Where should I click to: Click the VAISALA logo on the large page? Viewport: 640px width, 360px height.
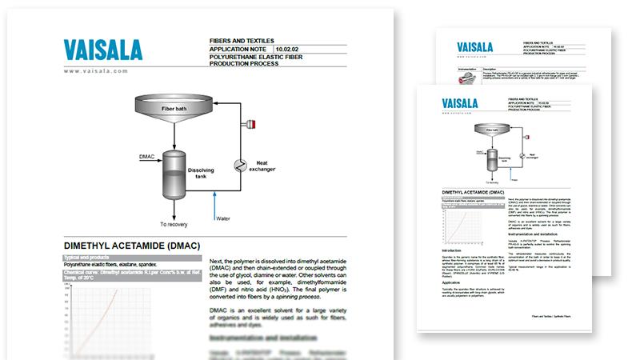[111, 50]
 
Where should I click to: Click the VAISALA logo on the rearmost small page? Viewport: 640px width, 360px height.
[468, 46]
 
